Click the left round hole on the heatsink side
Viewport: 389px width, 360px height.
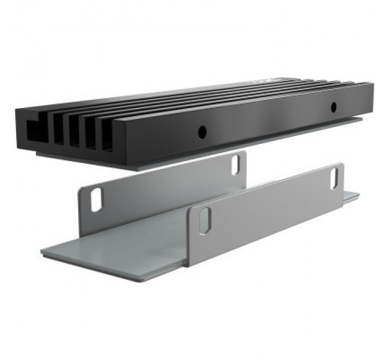pos(201,132)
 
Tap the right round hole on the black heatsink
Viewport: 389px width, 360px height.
pos(333,106)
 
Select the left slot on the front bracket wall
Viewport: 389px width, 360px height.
pos(205,220)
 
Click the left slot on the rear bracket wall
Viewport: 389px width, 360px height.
pos(96,200)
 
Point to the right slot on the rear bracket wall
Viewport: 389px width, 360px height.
pos(236,165)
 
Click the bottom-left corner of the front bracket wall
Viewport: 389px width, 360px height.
pos(188,265)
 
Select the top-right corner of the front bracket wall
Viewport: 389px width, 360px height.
pos(342,164)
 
